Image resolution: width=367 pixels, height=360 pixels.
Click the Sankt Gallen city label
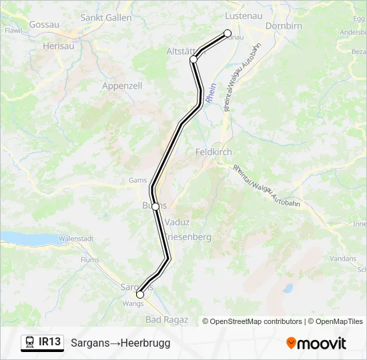pos(105,18)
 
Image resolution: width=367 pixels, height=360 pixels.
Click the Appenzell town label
pos(122,86)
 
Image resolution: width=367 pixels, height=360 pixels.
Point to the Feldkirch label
pos(214,152)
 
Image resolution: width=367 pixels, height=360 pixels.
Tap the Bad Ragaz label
pos(166,320)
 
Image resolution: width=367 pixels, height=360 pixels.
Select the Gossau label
pos(45,24)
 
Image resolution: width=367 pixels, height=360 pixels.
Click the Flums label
pos(89,260)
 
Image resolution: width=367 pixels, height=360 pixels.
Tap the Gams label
pos(137,180)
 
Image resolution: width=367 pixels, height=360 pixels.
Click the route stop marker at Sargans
pos(140,294)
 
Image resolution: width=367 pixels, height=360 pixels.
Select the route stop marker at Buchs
pos(155,207)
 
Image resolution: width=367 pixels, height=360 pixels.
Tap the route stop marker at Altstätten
pos(194,59)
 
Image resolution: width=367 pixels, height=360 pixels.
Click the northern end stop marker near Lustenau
pos(228,33)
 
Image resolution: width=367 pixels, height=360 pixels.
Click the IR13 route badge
pos(42,343)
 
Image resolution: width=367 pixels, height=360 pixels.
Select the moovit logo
pos(316,343)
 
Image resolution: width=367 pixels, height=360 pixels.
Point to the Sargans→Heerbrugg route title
pos(120,343)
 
